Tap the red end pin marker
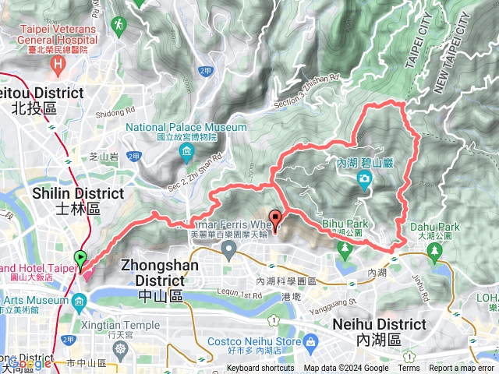click(274, 219)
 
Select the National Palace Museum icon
click(186, 150)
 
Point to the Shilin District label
click(78, 199)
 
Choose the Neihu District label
click(379, 331)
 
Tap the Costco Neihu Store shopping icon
click(311, 340)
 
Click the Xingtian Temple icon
click(120, 348)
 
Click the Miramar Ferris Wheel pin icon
click(228, 249)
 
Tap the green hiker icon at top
click(118, 26)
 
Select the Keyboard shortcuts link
click(261, 369)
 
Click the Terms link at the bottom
click(409, 369)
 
